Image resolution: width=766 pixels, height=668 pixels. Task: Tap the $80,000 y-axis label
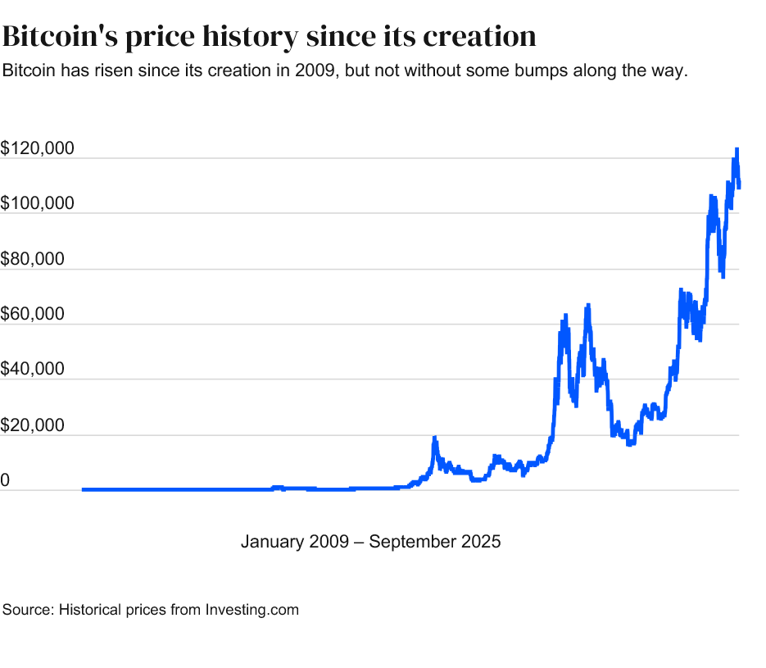(34, 260)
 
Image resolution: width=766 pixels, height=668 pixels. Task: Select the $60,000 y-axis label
(34, 315)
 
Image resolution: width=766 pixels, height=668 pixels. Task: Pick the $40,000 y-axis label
(34, 370)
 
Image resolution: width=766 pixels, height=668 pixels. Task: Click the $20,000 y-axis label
(34, 426)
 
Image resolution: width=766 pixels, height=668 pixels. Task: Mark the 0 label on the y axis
(5, 481)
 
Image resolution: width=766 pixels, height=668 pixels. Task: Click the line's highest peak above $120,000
(737, 149)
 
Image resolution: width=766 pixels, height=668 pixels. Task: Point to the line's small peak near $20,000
(434, 438)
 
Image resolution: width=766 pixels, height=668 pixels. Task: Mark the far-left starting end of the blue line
(84, 489)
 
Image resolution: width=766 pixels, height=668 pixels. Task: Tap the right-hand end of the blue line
(739, 187)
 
